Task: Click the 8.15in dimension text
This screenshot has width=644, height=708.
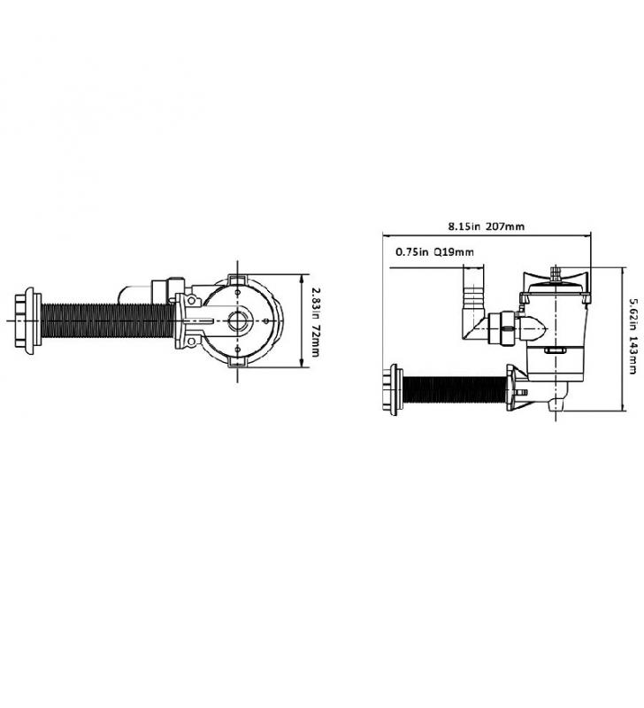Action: pyautogui.click(x=464, y=226)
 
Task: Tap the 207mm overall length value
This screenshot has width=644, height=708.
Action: pyautogui.click(x=505, y=226)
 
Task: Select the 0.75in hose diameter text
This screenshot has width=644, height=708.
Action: pyautogui.click(x=411, y=252)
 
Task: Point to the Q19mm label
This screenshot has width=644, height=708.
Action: pyautogui.click(x=454, y=252)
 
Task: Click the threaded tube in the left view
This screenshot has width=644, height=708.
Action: pyautogui.click(x=108, y=320)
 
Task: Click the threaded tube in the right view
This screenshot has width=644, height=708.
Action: pyautogui.click(x=455, y=390)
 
